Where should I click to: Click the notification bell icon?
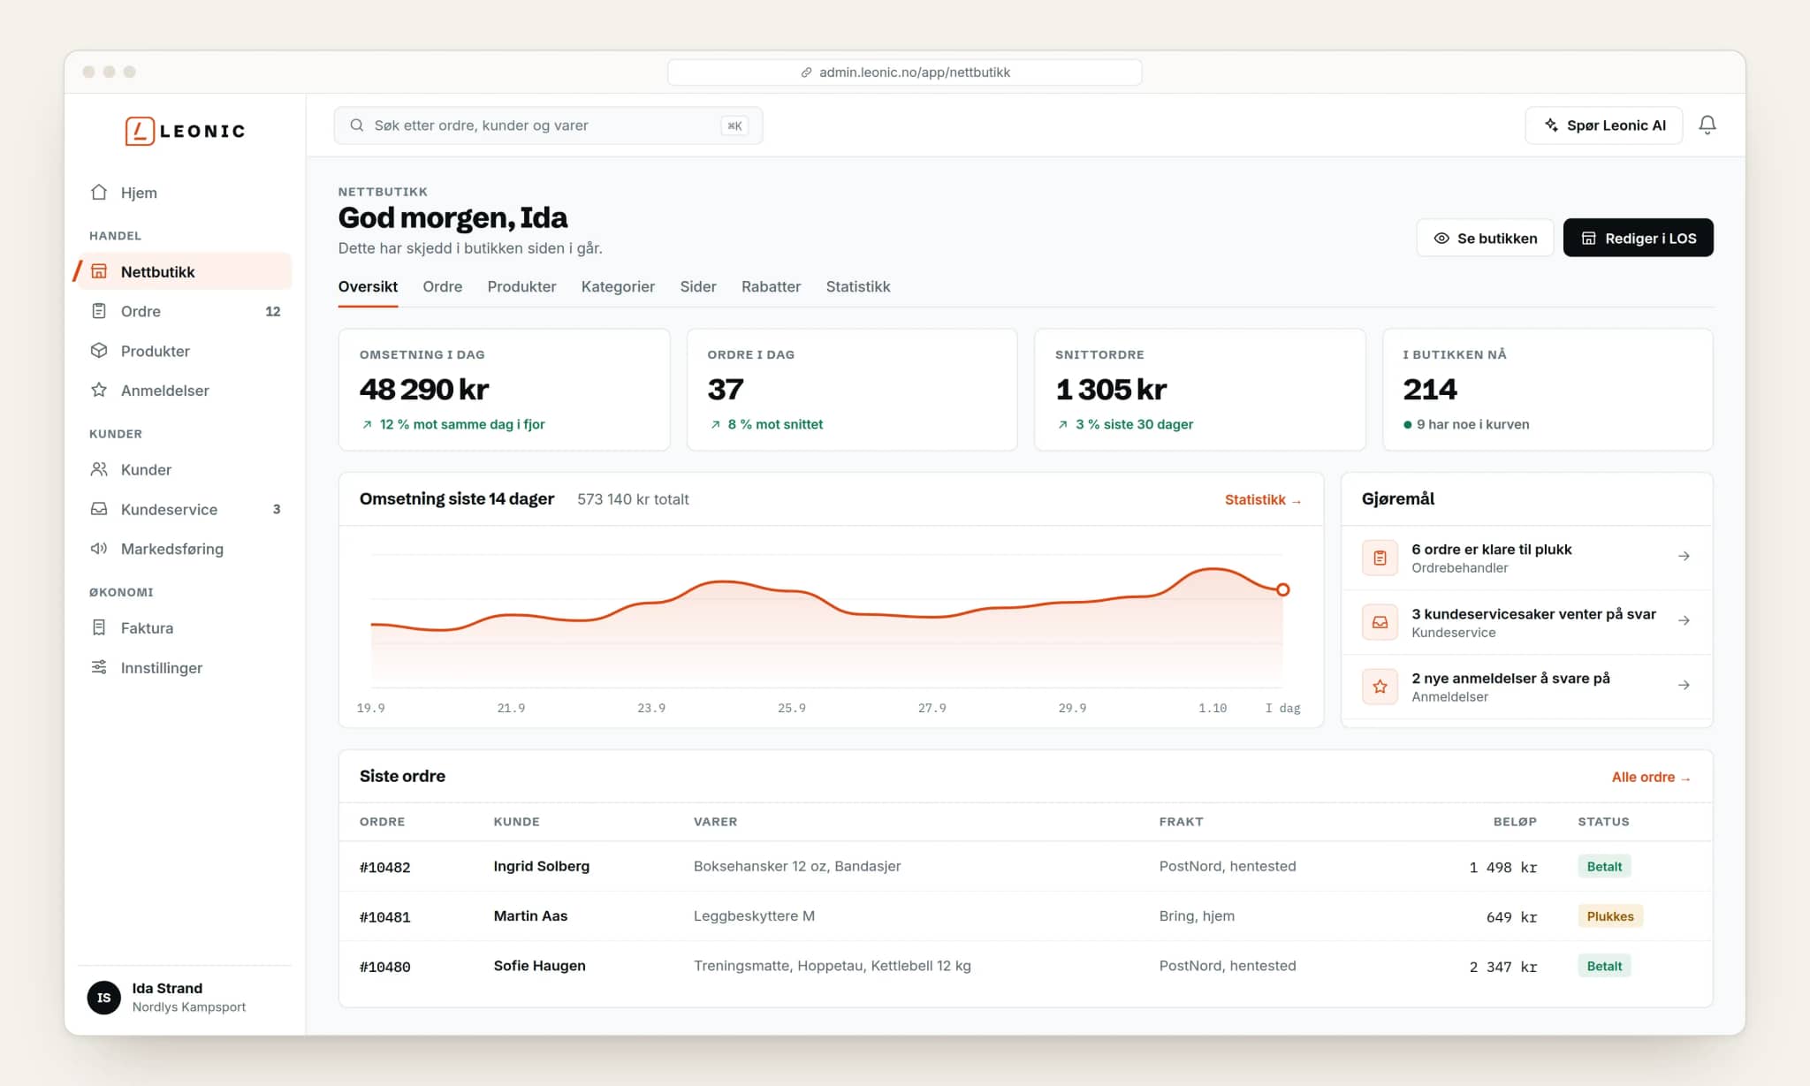point(1707,125)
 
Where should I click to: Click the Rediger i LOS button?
point(1638,238)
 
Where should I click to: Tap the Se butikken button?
point(1485,238)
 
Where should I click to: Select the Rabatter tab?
point(771,286)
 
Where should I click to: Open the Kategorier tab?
point(618,286)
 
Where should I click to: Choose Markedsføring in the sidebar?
point(171,549)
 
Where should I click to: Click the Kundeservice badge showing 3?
point(277,509)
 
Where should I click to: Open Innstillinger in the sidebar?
point(161,667)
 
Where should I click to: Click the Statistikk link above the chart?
point(1263,499)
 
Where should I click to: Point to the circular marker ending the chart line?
point(1282,589)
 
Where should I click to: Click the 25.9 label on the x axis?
point(791,708)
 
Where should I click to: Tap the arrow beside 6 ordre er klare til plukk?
point(1684,556)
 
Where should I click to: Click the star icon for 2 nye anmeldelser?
point(1380,687)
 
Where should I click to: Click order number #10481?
point(384,916)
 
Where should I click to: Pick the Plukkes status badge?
point(1609,916)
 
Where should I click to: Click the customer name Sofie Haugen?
point(539,966)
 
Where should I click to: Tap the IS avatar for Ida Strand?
point(103,998)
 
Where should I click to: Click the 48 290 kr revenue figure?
point(424,389)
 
